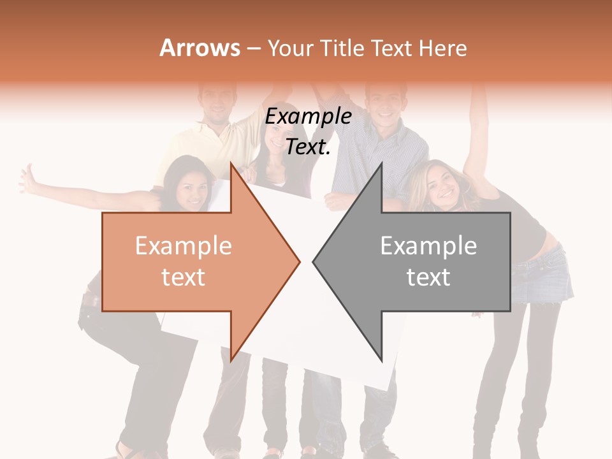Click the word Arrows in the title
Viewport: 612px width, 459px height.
pos(200,48)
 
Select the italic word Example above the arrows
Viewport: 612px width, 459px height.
pos(309,117)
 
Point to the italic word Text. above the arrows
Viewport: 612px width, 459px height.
pos(309,147)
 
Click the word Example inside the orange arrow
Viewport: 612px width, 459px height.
pos(184,246)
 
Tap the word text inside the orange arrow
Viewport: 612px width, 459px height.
pos(184,277)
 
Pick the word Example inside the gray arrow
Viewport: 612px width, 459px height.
pos(428,246)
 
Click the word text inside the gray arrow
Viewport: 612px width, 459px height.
pos(428,277)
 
